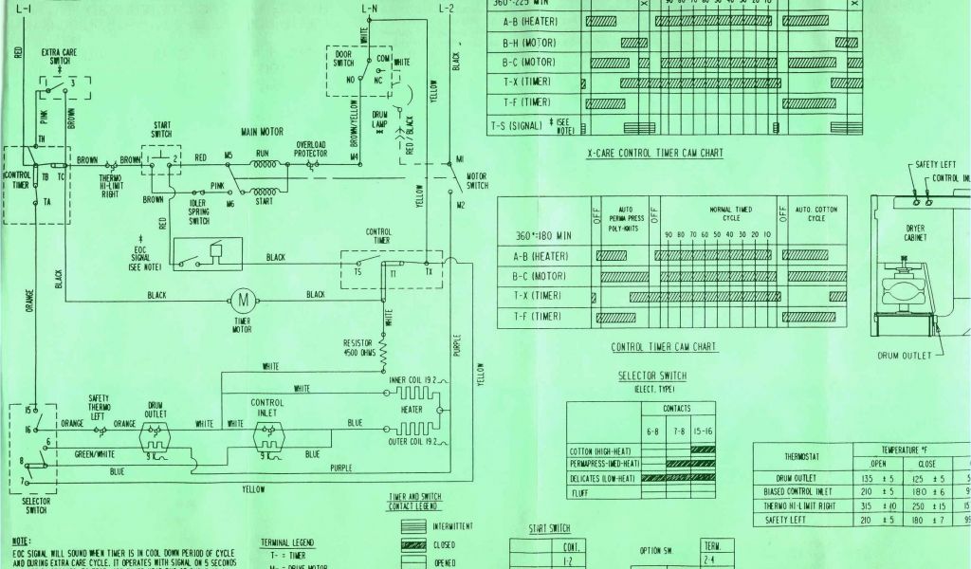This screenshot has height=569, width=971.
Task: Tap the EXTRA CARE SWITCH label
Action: (x=59, y=56)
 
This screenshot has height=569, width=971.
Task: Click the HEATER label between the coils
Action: (x=411, y=410)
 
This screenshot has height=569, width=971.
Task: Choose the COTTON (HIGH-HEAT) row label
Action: (x=603, y=450)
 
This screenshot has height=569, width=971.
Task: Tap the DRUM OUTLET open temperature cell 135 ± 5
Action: (x=876, y=479)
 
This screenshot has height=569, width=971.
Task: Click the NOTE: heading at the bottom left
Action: (x=22, y=539)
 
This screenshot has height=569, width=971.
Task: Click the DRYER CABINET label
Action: (x=915, y=233)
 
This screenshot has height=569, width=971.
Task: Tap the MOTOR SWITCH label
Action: (x=477, y=180)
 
